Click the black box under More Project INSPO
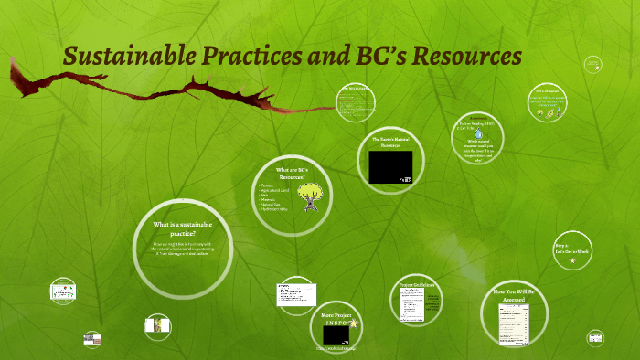pos(339,334)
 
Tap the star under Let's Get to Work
pos(571,261)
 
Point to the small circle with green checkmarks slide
pos(62,291)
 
